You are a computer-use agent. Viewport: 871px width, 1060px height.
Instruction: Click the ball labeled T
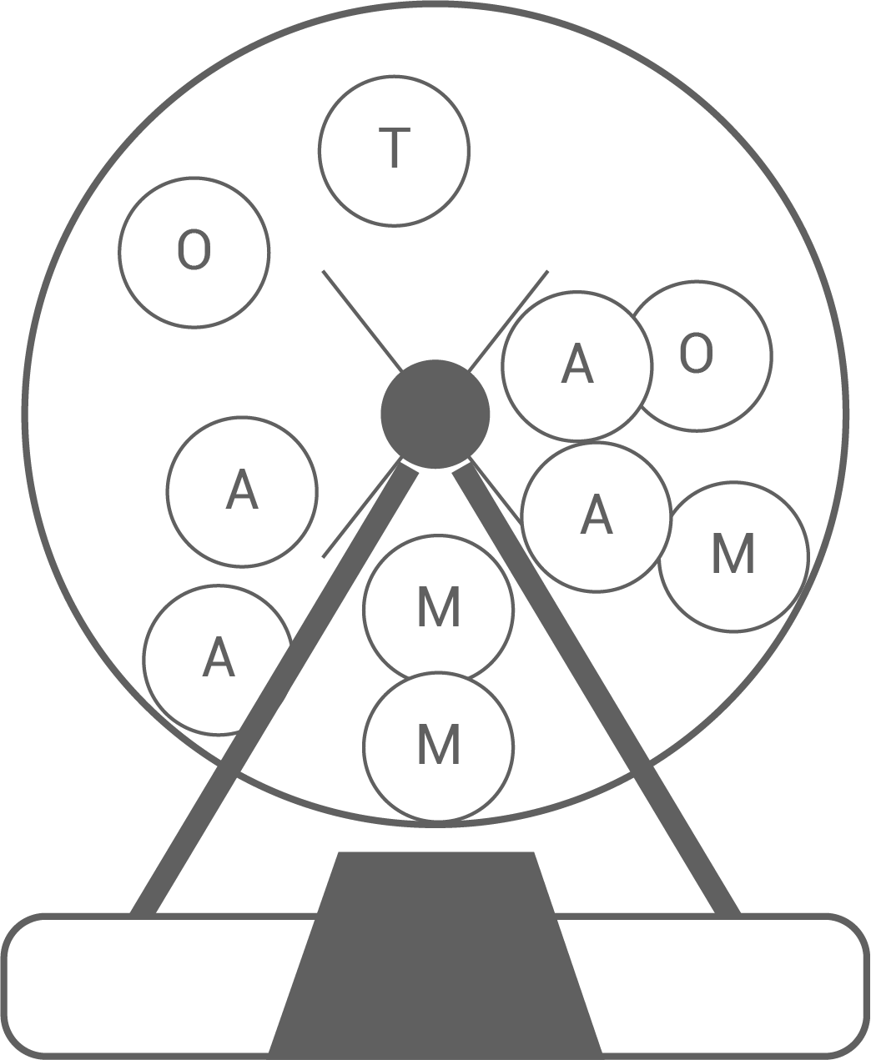(394, 150)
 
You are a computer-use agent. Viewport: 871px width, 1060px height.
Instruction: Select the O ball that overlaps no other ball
(194, 252)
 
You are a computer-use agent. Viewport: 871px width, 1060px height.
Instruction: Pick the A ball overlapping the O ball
(576, 365)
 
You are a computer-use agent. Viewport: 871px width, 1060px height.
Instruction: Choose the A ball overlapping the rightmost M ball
(596, 516)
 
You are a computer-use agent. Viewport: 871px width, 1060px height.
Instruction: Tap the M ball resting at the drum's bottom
(438, 745)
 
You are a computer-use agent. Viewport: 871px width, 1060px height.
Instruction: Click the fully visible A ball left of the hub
(242, 490)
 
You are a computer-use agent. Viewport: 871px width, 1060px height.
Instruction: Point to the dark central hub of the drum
(435, 414)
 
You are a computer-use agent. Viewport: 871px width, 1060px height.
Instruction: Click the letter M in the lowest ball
(438, 744)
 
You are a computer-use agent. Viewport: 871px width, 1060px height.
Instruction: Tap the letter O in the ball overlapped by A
(696, 354)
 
